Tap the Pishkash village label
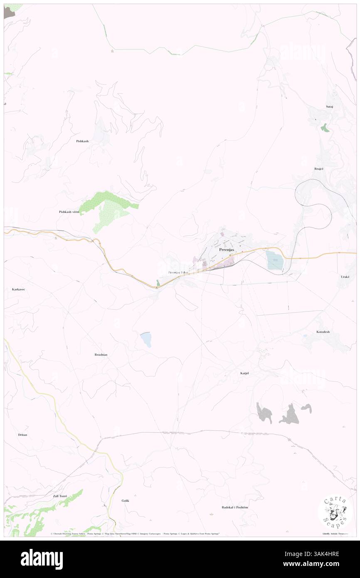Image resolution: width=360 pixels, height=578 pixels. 82,141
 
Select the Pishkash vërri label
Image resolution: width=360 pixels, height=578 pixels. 69,212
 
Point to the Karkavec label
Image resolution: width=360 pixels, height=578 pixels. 16,289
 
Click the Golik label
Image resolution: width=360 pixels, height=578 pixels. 126,500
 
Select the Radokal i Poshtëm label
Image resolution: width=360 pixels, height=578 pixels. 235,507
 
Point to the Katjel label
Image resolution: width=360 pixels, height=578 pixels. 244,373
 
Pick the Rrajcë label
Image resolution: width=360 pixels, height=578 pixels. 319,168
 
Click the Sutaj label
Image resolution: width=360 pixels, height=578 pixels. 330,107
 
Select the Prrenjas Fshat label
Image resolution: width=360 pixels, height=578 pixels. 178,272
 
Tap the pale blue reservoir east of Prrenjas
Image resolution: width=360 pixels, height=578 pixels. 274,260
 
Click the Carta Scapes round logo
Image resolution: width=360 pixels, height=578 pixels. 334,511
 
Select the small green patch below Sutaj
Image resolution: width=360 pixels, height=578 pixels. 325,128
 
